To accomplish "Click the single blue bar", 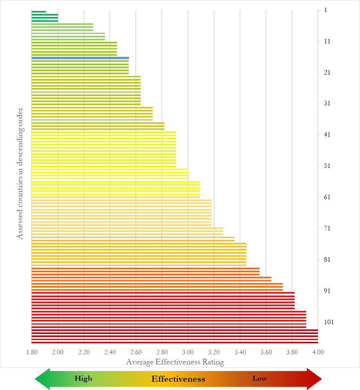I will (80, 58).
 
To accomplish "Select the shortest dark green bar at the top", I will (39, 12).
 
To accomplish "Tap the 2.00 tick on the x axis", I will (58, 352).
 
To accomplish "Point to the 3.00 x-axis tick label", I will (188, 352).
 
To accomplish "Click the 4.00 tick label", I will (318, 352).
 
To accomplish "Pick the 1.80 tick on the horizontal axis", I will (32, 352).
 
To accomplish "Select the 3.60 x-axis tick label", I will (266, 352).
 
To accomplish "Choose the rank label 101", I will (328, 322).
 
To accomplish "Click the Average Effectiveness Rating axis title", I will (175, 362).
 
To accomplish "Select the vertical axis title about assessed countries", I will (20, 174).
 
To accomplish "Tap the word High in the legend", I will (83, 378).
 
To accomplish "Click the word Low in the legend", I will (260, 378).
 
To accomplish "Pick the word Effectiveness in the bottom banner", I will (178, 379).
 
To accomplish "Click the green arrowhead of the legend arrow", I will (42, 379).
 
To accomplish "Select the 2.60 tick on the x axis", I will (136, 352).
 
